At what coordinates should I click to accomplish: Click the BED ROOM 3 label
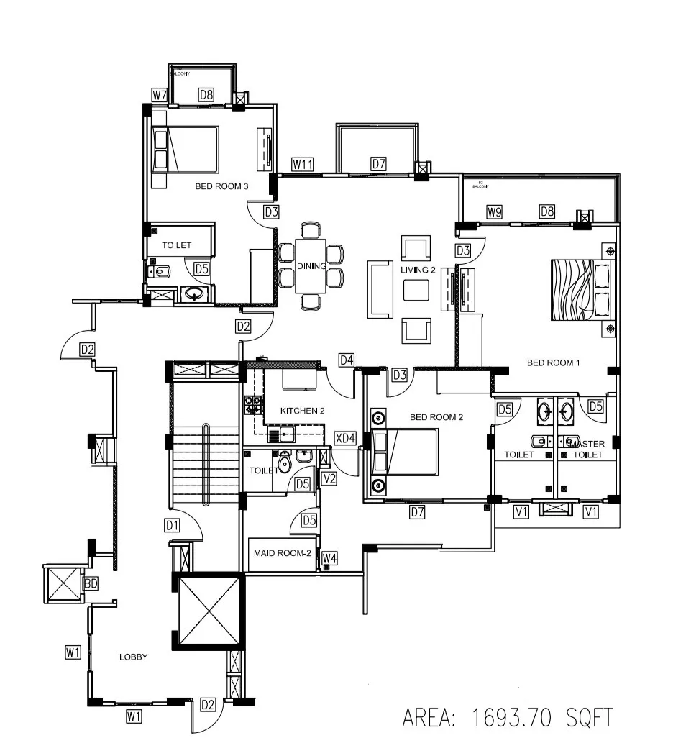[x=221, y=186]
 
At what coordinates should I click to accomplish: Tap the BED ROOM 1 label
[x=553, y=363]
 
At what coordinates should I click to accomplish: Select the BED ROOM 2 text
[x=436, y=417]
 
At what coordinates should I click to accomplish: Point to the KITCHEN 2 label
[x=303, y=411]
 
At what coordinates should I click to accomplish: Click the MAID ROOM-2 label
[x=282, y=554]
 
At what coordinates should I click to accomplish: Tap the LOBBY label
[x=133, y=657]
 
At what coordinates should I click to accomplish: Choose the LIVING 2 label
[x=418, y=269]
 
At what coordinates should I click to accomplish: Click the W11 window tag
[x=303, y=164]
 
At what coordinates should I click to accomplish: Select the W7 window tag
[x=159, y=94]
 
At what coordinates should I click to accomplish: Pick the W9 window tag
[x=493, y=211]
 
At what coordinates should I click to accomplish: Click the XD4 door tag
[x=346, y=438]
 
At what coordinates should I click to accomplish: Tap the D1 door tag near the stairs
[x=171, y=525]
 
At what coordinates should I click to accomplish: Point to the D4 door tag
[x=347, y=360]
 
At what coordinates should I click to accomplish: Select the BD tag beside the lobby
[x=91, y=583]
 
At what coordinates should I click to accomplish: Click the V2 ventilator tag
[x=329, y=478]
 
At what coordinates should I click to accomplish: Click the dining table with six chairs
[x=311, y=266]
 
